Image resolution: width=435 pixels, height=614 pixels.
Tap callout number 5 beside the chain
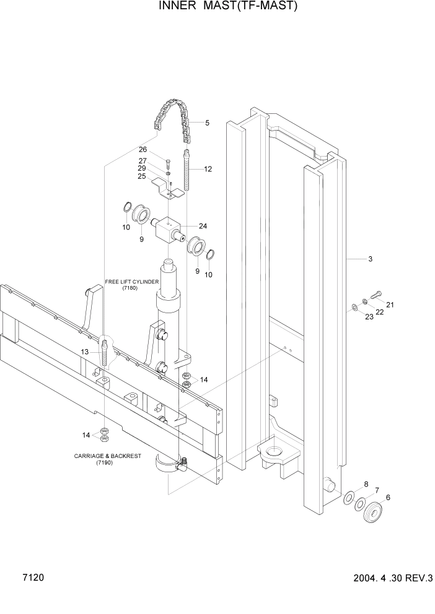(x=207, y=123)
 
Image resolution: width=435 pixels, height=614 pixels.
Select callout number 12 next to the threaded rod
(x=208, y=169)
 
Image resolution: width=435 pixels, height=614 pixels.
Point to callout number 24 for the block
(x=203, y=226)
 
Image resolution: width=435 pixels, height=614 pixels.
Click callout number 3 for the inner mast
(x=370, y=259)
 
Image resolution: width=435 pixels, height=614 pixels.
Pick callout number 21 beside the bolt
(x=390, y=305)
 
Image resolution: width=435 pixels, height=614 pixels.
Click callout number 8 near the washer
(x=366, y=484)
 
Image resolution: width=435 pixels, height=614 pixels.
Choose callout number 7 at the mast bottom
(x=376, y=490)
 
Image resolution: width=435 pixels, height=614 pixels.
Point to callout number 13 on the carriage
(x=84, y=352)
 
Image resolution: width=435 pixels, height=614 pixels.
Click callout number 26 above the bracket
(x=142, y=150)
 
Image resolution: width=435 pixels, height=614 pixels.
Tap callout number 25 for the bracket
(x=142, y=176)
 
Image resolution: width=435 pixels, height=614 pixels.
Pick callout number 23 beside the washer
(x=369, y=318)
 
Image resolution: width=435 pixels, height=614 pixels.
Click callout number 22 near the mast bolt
(x=379, y=312)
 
